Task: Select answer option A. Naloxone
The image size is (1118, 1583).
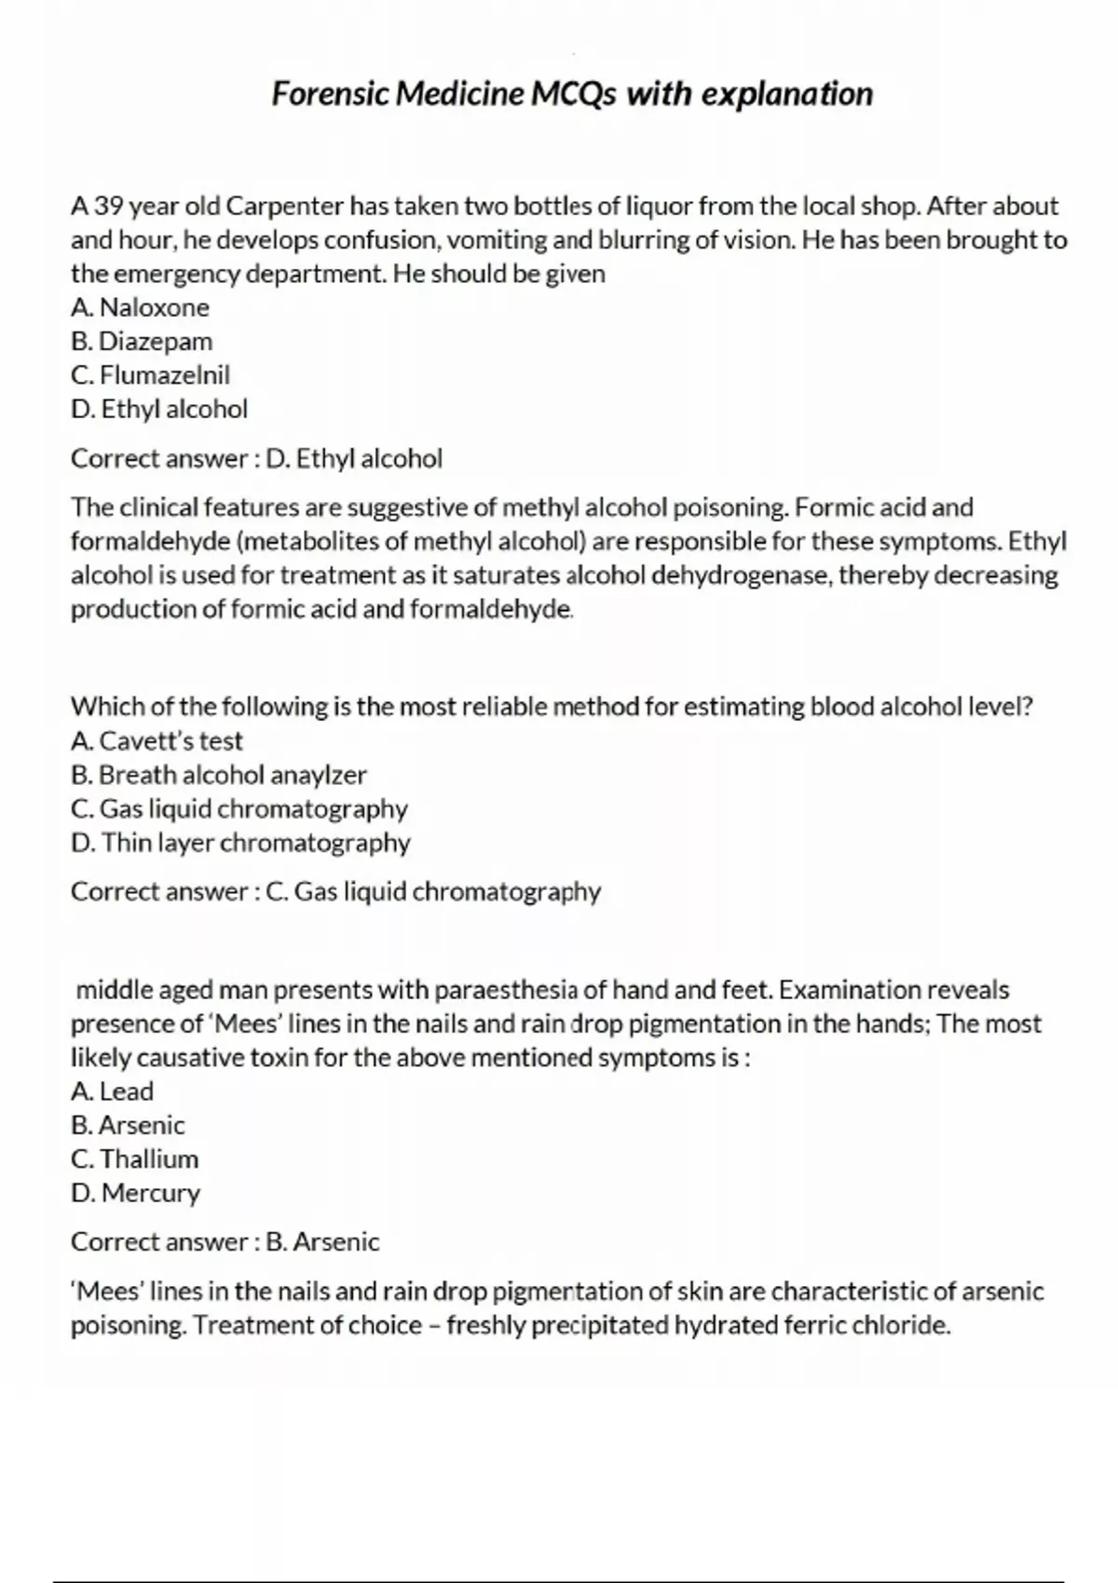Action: click(x=140, y=307)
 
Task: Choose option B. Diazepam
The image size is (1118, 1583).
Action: click(x=142, y=341)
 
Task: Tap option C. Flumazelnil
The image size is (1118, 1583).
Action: click(x=150, y=375)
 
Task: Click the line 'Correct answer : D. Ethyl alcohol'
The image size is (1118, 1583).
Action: click(x=256, y=458)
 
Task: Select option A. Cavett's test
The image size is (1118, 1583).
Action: click(x=157, y=741)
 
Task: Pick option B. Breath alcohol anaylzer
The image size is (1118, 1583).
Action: click(x=219, y=775)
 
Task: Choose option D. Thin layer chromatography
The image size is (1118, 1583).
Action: click(x=240, y=843)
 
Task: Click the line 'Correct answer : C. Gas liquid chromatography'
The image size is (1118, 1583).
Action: click(x=335, y=892)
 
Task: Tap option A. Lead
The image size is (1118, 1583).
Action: click(x=112, y=1091)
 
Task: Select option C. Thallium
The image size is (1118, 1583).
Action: click(x=134, y=1159)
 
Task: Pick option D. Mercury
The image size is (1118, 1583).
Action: click(x=135, y=1193)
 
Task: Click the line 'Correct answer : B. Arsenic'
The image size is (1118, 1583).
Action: click(x=225, y=1242)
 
